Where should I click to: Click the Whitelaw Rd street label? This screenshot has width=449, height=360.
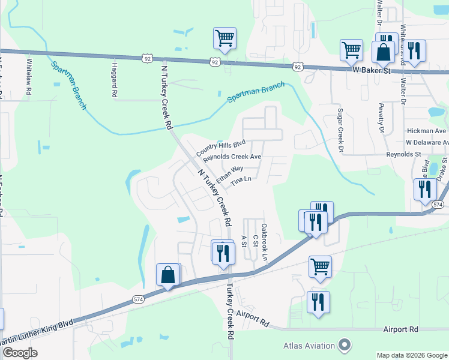(x=28, y=76)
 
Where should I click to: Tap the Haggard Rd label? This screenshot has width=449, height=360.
(x=113, y=79)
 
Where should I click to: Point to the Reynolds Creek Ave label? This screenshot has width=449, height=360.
(x=232, y=158)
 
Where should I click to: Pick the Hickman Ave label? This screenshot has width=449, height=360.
(x=426, y=131)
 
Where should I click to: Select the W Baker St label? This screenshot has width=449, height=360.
(x=371, y=71)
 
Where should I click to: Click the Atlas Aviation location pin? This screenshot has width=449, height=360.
(x=344, y=345)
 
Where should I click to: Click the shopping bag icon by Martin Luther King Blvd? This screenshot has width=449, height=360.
(x=169, y=275)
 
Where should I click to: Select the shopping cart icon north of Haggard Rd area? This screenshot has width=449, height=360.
(x=224, y=39)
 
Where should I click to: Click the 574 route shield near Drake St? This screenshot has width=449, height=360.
(x=438, y=205)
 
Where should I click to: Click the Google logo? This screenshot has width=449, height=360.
(x=20, y=353)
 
